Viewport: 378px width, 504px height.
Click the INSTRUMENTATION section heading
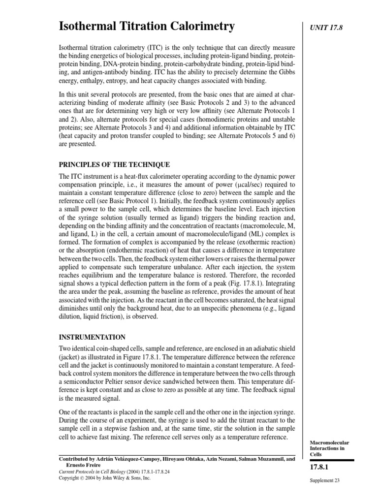(92, 337)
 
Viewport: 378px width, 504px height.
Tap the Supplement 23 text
(324, 480)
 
